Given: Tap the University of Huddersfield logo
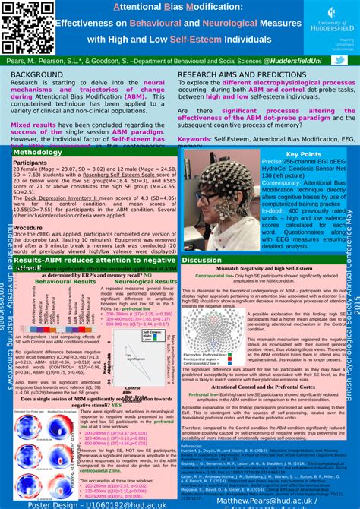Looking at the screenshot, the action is coord(331,17).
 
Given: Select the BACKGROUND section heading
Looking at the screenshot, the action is coord(36,74).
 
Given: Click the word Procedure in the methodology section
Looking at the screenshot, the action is coord(28,227).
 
